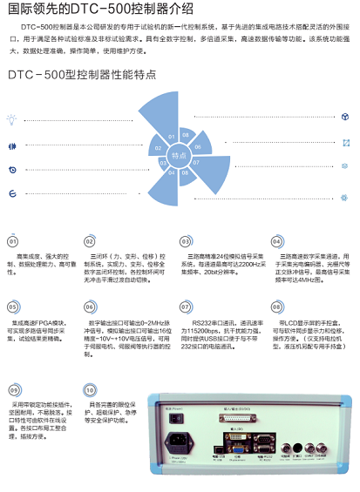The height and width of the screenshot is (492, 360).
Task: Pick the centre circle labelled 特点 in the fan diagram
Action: click(178, 154)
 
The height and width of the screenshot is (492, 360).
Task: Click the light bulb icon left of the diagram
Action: click(12, 117)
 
